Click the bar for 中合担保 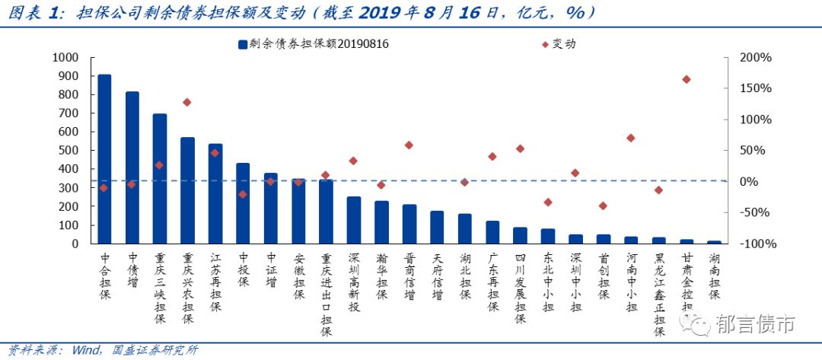104,159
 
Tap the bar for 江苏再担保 215,193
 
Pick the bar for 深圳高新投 354,220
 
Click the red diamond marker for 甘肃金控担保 687,79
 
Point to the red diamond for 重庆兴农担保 187,102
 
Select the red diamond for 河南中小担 631,138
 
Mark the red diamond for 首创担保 603,205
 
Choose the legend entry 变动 564,44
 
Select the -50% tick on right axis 756,212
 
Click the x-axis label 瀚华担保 382,276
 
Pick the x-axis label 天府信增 437,276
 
